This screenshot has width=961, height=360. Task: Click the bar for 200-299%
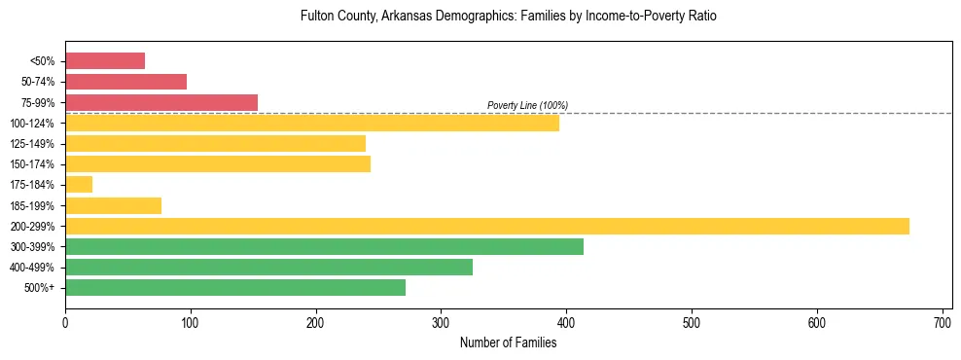tap(486, 226)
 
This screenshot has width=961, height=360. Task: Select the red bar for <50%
tap(105, 61)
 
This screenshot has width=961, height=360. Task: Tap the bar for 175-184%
tap(79, 184)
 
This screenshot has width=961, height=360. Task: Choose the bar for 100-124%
tap(312, 123)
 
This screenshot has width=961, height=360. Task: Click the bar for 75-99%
tap(161, 102)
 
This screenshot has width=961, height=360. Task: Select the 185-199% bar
tap(113, 205)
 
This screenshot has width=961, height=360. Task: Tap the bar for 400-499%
tap(268, 267)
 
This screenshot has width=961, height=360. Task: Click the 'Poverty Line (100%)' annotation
tap(527, 105)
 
